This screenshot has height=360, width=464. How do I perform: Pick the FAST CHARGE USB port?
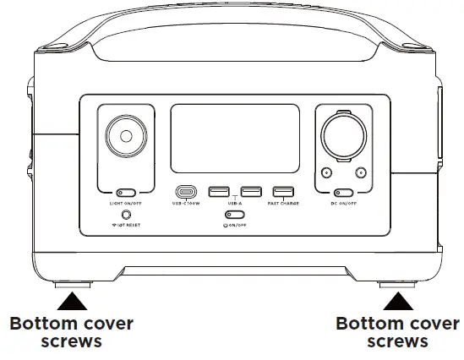tap(283, 192)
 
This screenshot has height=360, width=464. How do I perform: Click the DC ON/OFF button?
tap(342, 192)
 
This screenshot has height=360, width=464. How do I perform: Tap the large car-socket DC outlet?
tap(342, 137)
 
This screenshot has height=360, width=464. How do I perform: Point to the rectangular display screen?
tap(235, 138)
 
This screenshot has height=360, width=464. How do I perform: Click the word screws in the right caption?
tap(397, 342)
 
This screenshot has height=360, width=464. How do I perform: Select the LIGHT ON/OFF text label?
tap(126, 204)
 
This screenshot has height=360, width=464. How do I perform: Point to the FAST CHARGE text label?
tap(283, 204)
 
